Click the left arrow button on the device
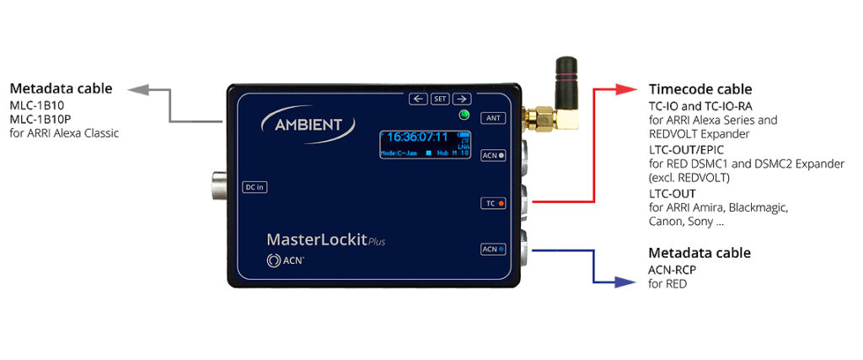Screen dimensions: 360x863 [418, 99]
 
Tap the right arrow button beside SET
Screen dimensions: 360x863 [461, 99]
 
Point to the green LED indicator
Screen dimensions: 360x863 [463, 116]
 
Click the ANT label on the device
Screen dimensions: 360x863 [493, 118]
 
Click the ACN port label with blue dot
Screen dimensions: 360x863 [493, 249]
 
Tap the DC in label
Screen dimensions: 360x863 [254, 186]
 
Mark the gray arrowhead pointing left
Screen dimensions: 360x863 [137, 88]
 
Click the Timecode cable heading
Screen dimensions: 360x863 [700, 89]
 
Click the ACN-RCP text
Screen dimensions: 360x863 [672, 270]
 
